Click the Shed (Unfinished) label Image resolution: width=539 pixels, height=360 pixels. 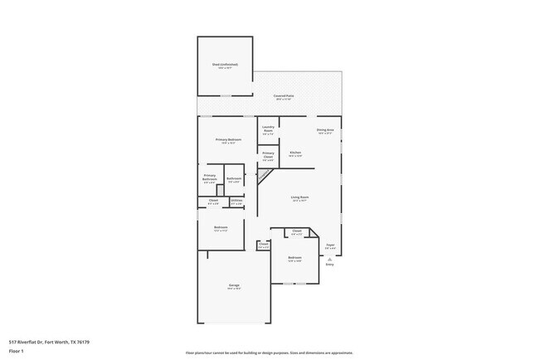225,64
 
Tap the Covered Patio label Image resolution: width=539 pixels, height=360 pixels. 284,95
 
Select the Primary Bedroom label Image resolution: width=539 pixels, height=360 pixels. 228,139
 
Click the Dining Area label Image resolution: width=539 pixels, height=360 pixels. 324,129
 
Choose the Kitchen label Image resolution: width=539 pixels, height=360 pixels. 294,153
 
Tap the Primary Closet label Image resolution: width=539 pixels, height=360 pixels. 268,153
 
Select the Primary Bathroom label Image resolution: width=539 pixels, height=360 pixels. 210,177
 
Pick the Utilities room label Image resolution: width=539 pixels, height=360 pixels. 236,200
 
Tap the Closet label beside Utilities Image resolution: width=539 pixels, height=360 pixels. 213,200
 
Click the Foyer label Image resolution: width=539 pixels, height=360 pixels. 329,245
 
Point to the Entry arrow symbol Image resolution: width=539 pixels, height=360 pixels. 329,258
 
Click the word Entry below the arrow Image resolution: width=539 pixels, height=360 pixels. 329,264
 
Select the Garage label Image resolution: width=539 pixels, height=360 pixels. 234,285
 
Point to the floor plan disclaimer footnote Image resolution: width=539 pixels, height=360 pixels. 269,352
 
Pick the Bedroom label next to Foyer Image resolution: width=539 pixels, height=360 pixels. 294,258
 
